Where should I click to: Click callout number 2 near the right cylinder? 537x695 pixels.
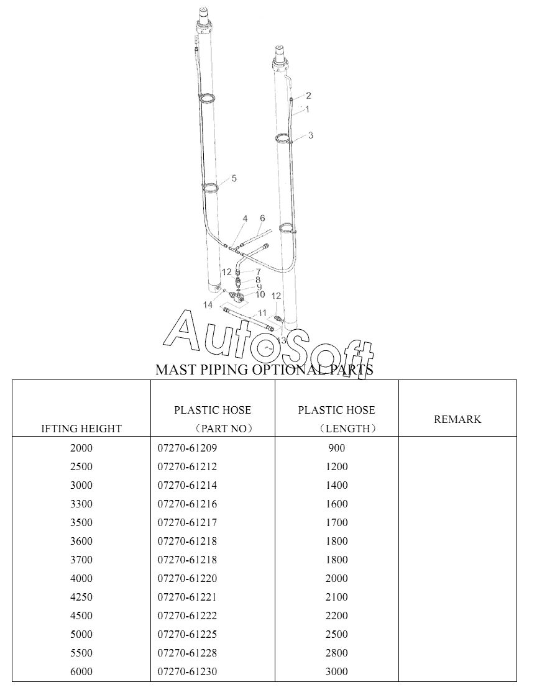[308, 96]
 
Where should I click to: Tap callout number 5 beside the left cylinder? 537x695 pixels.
[234, 179]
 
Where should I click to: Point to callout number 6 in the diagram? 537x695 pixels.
[262, 218]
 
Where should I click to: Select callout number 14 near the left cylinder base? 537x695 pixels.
[208, 305]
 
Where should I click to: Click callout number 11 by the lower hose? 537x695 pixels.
[262, 312]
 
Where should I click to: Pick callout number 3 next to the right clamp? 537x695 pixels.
[310, 135]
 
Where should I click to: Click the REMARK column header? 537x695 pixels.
[457, 419]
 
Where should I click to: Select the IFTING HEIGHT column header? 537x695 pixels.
[81, 429]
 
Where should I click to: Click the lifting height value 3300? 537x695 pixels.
[81, 504]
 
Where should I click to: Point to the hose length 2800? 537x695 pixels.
[336, 653]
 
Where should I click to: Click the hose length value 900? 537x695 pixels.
[336, 448]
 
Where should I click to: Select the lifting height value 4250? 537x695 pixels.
[81, 597]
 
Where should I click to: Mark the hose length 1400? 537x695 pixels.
[336, 485]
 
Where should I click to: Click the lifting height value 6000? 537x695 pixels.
[81, 671]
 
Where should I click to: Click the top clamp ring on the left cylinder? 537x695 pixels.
[208, 98]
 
